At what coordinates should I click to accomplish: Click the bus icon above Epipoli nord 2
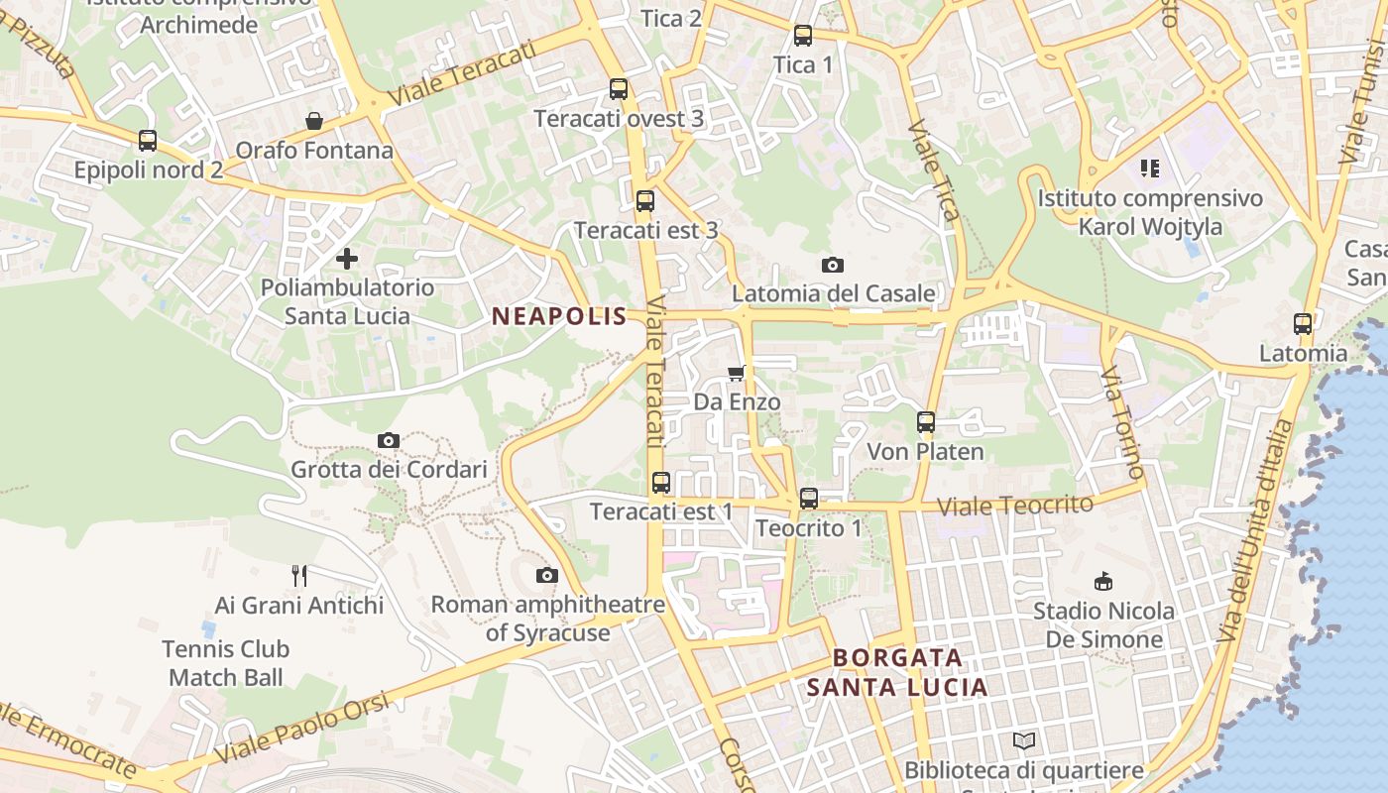148,141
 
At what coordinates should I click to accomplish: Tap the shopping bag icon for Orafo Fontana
314,121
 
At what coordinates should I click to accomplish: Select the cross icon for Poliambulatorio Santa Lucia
347,259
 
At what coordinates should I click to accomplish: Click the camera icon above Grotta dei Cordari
389,440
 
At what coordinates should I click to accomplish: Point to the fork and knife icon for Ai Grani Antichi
299,575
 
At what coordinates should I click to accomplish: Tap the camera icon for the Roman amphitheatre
546,575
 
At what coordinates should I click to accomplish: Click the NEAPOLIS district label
559,316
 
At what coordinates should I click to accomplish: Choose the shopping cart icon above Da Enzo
736,373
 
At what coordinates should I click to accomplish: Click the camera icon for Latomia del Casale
833,265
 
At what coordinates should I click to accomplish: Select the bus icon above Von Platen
926,422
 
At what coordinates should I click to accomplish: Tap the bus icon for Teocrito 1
809,499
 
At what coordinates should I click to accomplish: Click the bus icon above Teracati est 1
661,483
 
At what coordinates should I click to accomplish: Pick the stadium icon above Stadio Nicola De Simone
1102,581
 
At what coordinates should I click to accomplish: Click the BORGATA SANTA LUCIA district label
897,672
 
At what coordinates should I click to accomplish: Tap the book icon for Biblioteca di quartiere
1024,740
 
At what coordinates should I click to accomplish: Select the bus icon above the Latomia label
1303,324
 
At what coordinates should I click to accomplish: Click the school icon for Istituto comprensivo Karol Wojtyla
1150,169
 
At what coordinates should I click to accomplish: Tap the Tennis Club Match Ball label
226,663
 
